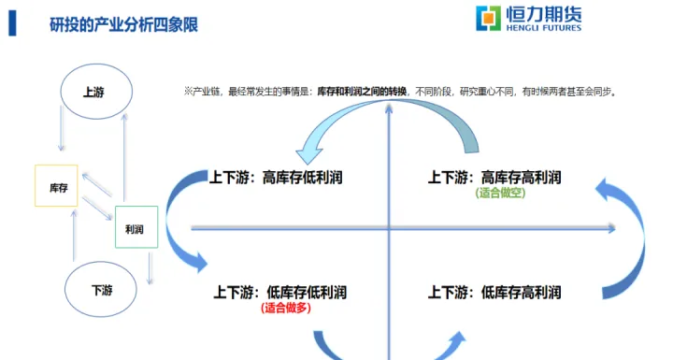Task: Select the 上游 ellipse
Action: (x=93, y=92)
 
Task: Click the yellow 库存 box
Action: (x=56, y=185)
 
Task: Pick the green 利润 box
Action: (x=136, y=227)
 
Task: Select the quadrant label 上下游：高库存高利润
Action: (x=494, y=177)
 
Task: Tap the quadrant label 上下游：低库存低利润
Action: (x=280, y=293)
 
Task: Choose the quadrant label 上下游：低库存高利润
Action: (x=494, y=293)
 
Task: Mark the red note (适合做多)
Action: (x=286, y=308)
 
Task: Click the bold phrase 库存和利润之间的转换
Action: (x=363, y=92)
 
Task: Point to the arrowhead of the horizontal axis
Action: (x=611, y=227)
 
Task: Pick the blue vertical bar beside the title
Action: (x=12, y=23)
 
